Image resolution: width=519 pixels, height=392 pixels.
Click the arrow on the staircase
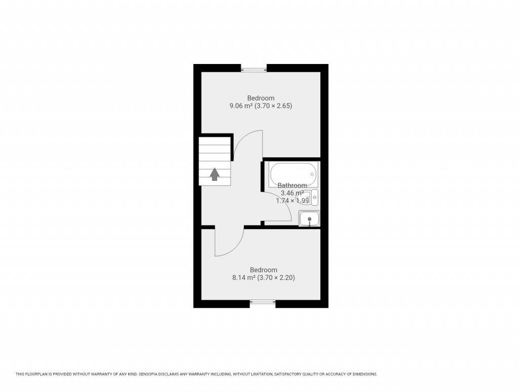pos(215,174)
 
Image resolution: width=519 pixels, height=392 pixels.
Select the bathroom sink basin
pos(309,219)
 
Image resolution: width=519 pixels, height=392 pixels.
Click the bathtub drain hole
pos(312,174)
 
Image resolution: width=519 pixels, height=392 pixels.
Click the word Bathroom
pos(292,185)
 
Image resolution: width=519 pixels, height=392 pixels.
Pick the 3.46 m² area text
pos(292,193)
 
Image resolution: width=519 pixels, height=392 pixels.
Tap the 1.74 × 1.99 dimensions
pos(292,201)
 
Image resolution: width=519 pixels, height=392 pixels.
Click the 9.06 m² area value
pos(241,106)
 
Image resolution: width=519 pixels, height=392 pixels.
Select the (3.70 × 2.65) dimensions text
pos(275,106)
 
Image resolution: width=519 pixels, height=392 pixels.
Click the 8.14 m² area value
pos(244,278)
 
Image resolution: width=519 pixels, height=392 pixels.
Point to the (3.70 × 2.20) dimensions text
pos(277,278)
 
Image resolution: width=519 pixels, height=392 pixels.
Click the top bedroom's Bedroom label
pos(261,98)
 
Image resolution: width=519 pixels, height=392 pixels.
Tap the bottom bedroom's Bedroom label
pos(264,270)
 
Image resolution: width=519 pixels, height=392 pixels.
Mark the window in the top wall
pos(254,69)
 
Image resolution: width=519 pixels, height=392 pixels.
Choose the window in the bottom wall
pos(263,304)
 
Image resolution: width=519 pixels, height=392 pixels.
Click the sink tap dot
pos(309,219)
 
